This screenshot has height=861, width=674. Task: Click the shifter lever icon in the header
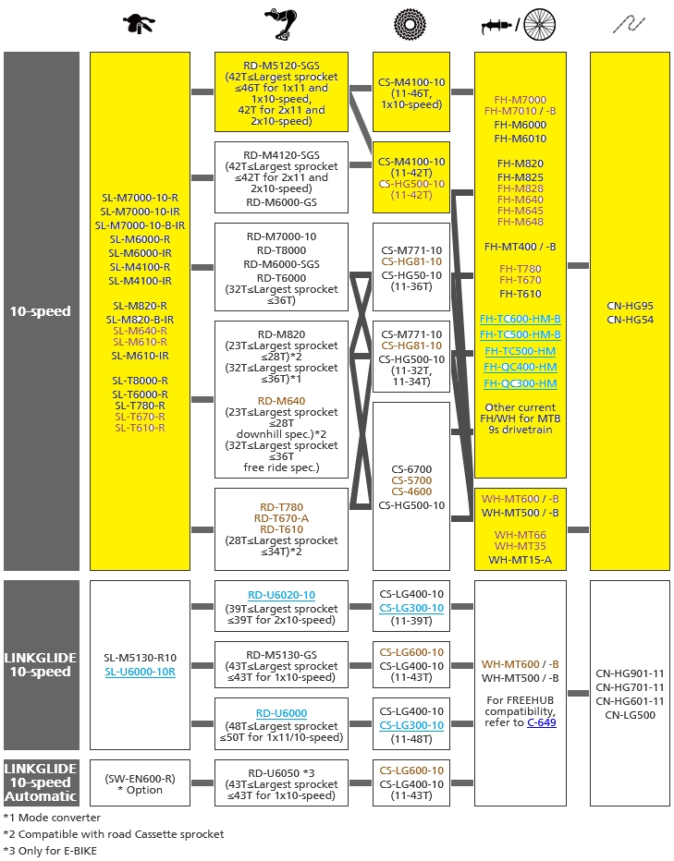pyautogui.click(x=139, y=25)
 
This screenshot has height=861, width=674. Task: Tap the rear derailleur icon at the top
pyautogui.click(x=281, y=25)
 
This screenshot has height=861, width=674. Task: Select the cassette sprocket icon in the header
pyautogui.click(x=411, y=25)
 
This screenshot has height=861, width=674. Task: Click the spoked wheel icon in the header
pyautogui.click(x=540, y=25)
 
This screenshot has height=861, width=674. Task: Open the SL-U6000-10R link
pyautogui.click(x=140, y=672)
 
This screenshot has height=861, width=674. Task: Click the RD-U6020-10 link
pyautogui.click(x=281, y=595)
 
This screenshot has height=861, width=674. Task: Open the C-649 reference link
pyautogui.click(x=542, y=722)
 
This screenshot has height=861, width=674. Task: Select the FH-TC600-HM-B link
pyautogui.click(x=520, y=318)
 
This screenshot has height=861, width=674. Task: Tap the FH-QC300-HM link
pyautogui.click(x=520, y=383)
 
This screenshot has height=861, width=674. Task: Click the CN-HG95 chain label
pyautogui.click(x=630, y=306)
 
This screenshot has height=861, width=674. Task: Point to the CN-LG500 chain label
pyautogui.click(x=630, y=714)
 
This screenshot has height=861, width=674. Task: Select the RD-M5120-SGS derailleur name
pyautogui.click(x=281, y=66)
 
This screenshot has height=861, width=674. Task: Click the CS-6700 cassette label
pyautogui.click(x=411, y=468)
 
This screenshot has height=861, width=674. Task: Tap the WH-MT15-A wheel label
pyautogui.click(x=520, y=559)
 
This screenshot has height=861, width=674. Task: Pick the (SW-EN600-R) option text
pyautogui.click(x=140, y=777)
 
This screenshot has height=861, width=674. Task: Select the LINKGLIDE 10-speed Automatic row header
pyautogui.click(x=41, y=782)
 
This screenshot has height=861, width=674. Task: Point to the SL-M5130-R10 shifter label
pyautogui.click(x=140, y=658)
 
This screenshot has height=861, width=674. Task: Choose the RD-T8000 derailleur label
pyautogui.click(x=281, y=249)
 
